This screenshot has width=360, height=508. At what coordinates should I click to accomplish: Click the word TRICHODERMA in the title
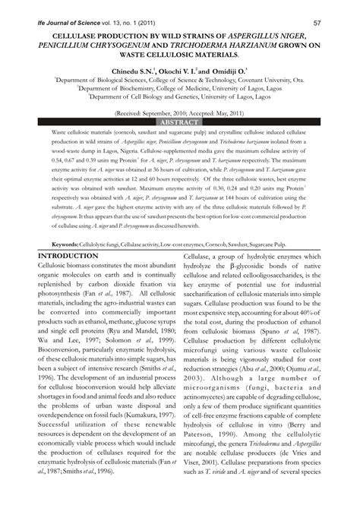(213, 46)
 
